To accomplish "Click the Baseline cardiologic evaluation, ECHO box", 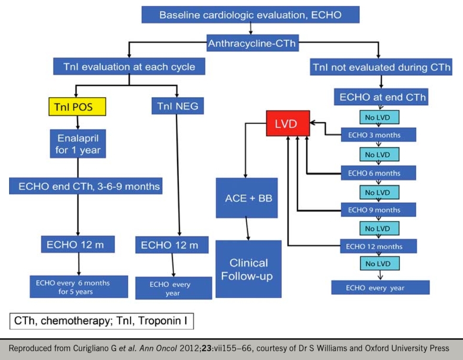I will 250,15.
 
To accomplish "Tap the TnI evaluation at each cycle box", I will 129,67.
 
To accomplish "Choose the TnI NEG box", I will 177,106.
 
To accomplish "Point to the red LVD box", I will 287,124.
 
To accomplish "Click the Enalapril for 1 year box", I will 78,144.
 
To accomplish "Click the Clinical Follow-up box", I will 248,269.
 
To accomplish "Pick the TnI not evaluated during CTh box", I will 381,67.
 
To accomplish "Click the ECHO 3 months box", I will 378,135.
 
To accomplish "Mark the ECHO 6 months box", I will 378,173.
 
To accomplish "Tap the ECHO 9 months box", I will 378,210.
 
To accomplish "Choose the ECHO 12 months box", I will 378,247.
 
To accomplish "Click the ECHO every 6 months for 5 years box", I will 79,287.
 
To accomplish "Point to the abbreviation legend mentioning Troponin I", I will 101,321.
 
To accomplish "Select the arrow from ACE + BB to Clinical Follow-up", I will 248,229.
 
